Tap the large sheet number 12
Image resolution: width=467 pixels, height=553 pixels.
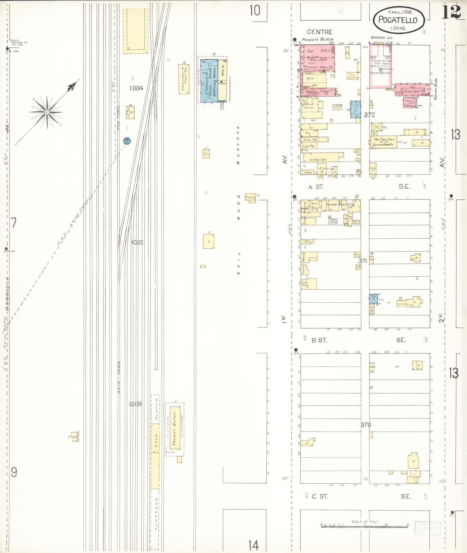point(451,12)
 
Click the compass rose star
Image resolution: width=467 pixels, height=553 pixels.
point(47,112)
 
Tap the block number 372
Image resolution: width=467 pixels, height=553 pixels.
point(369,115)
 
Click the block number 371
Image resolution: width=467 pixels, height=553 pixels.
point(363,261)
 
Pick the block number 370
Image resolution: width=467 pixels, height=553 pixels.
point(366,425)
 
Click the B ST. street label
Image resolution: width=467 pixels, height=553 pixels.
point(319,341)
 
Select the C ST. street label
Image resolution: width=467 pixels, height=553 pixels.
point(320,496)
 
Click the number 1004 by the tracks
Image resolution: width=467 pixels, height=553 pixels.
point(136,88)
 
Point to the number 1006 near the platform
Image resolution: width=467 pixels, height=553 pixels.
point(135,404)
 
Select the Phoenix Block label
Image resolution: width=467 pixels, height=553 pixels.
point(317,39)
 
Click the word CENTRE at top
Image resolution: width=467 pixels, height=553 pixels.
point(319,32)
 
